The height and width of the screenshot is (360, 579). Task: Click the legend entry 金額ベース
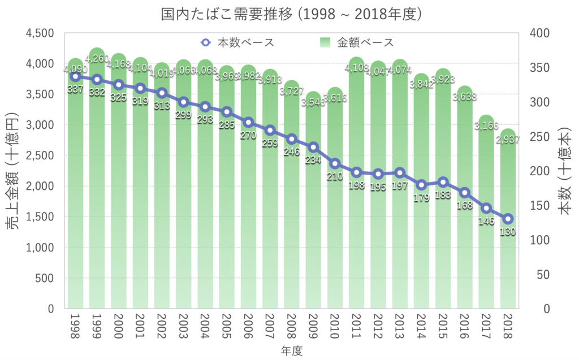click(356, 42)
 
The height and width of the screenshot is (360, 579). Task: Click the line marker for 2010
click(335, 164)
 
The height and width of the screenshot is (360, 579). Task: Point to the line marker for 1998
click(75, 76)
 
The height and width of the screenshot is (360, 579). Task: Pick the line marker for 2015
click(443, 182)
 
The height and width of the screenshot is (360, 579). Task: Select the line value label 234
click(313, 160)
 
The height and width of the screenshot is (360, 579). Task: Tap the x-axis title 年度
click(292, 351)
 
